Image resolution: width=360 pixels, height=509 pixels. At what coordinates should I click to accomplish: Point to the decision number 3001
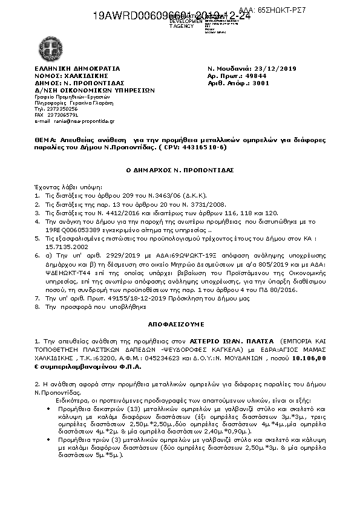(x=261, y=83)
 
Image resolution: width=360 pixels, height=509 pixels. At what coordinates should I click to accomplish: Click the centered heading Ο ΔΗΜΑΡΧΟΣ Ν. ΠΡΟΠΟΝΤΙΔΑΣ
(x=180, y=171)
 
